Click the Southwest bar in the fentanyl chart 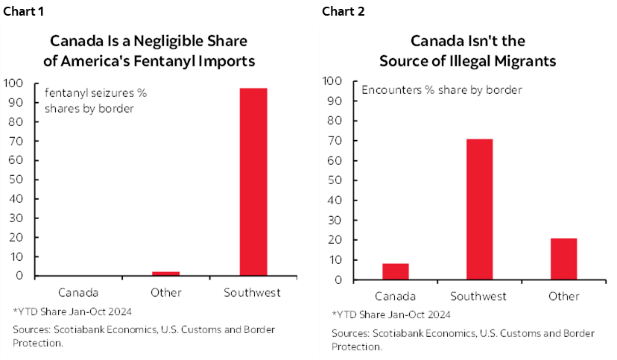[253, 182]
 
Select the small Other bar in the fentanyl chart [165, 274]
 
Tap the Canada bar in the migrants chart [395, 271]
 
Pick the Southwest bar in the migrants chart [479, 209]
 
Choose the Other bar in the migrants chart [563, 259]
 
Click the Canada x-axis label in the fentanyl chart [77, 293]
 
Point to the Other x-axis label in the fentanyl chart [165, 293]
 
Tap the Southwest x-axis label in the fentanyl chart [253, 293]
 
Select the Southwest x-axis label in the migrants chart [479, 296]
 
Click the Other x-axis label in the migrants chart [563, 296]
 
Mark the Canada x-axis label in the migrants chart [395, 296]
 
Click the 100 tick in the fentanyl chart [14, 83]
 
